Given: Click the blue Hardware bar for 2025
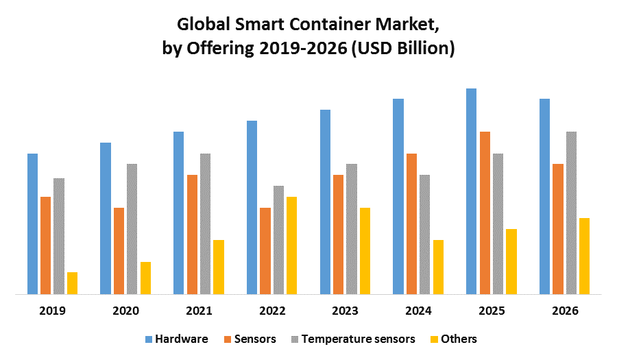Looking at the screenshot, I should coord(471,191).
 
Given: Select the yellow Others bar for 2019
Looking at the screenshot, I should coord(72,283).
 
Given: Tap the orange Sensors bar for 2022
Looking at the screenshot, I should coord(265,251).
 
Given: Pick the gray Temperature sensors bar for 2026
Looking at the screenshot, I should coord(571,213).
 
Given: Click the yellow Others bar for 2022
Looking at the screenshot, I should coord(291,245).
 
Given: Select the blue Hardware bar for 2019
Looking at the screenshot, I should coord(32,224).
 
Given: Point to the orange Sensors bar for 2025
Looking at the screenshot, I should coord(485,213).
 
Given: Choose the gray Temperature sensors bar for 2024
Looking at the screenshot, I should coord(424,235).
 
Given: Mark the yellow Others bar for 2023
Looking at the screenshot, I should coord(365,251).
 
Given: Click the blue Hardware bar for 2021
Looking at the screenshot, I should coord(178,213).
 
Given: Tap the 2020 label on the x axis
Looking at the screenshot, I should coord(125,311).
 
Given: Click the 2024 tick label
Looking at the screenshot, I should coord(418,311).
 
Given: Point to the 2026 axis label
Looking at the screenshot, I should coord(565,311).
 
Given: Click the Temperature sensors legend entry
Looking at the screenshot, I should coord(358,339).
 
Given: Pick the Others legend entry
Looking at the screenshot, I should coord(459,339).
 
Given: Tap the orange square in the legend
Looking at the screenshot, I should coord(227,339).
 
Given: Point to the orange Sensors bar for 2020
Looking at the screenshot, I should coord(119,251).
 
